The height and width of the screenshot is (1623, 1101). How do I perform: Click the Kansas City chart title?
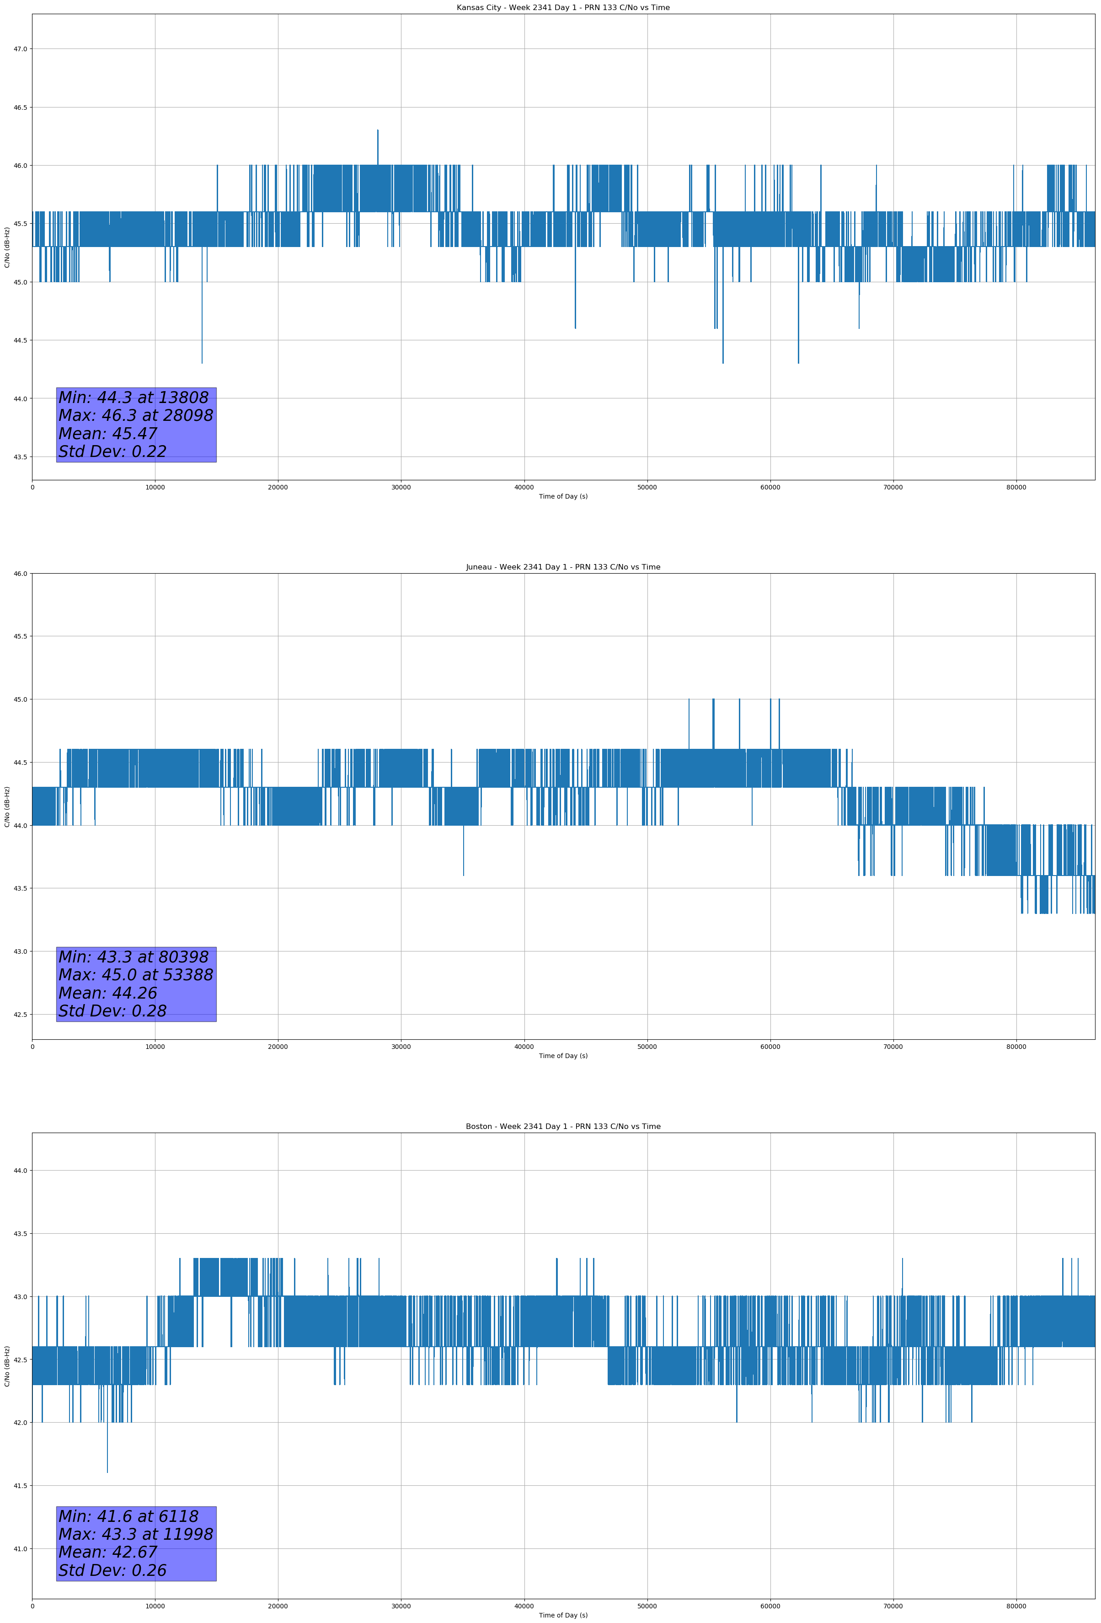pos(563,8)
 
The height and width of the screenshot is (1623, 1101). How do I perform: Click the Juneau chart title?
pos(563,567)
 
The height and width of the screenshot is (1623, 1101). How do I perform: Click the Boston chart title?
pos(563,1127)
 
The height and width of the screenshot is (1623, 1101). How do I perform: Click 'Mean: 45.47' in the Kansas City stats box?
pos(108,434)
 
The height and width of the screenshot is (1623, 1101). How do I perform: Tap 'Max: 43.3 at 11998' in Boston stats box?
pos(135,1534)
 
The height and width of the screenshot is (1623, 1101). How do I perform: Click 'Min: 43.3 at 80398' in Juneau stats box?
pos(134,957)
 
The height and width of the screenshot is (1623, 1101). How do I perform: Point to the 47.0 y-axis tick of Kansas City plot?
pos(20,49)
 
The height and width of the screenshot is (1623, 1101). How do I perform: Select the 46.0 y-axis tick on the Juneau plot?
pos(20,573)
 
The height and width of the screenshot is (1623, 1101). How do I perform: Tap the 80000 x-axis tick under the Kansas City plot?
pos(1016,488)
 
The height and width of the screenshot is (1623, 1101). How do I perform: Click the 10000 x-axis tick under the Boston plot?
pos(155,1606)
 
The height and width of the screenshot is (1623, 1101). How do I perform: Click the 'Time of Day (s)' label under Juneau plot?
pos(563,1056)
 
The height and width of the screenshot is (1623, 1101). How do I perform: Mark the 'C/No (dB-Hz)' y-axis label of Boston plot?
pos(7,1365)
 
